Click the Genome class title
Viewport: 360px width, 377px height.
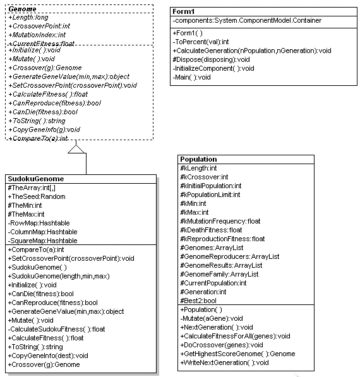(x=22, y=9)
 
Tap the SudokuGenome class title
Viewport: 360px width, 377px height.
(x=36, y=179)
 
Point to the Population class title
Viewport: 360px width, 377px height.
(x=198, y=159)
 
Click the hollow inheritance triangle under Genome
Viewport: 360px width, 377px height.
(x=76, y=149)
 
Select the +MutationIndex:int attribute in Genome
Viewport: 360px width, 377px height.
(x=37, y=35)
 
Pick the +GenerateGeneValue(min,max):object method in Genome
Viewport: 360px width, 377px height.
(x=69, y=76)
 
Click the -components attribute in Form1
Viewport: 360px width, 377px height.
(x=247, y=20)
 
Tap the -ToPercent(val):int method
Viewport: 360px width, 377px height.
(x=201, y=42)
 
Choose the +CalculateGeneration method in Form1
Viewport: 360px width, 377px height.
(x=252, y=51)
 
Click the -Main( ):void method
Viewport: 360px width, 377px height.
(x=191, y=78)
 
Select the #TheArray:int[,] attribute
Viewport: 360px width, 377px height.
(x=32, y=188)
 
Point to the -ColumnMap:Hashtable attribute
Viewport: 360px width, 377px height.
(x=42, y=232)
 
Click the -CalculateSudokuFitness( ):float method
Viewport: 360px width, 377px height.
(x=56, y=329)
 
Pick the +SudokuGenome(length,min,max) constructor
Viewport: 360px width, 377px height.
(x=59, y=276)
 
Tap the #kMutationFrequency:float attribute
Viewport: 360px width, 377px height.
(x=220, y=221)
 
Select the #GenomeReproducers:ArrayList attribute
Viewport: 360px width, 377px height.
(x=230, y=256)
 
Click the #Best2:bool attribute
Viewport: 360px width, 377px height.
(x=198, y=301)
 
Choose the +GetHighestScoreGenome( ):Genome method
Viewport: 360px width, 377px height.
(x=237, y=354)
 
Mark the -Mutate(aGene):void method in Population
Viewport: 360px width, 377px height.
(x=212, y=318)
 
